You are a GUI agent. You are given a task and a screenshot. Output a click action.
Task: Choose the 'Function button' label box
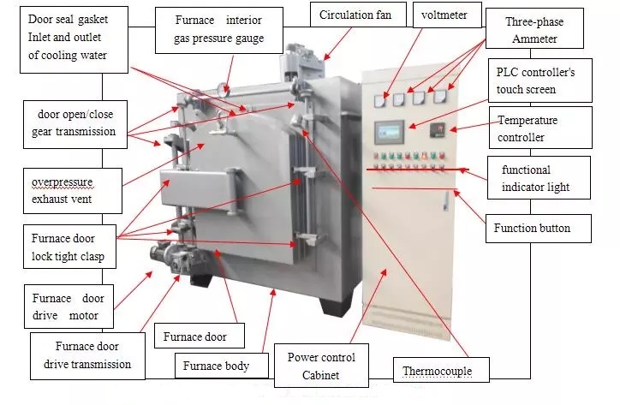pyautogui.click(x=532, y=229)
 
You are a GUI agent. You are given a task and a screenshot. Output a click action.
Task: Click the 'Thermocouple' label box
pyautogui.click(x=436, y=372)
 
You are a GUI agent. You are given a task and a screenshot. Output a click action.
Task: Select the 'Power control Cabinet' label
pyautogui.click(x=321, y=366)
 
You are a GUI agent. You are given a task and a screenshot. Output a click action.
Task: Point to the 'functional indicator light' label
pyautogui.click(x=538, y=178)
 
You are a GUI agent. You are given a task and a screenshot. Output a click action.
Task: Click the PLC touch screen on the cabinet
pyautogui.click(x=390, y=132)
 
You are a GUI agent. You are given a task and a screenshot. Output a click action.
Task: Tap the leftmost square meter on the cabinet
pyautogui.click(x=379, y=100)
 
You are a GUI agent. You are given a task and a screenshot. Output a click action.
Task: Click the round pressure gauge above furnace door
pyautogui.click(x=224, y=86)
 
